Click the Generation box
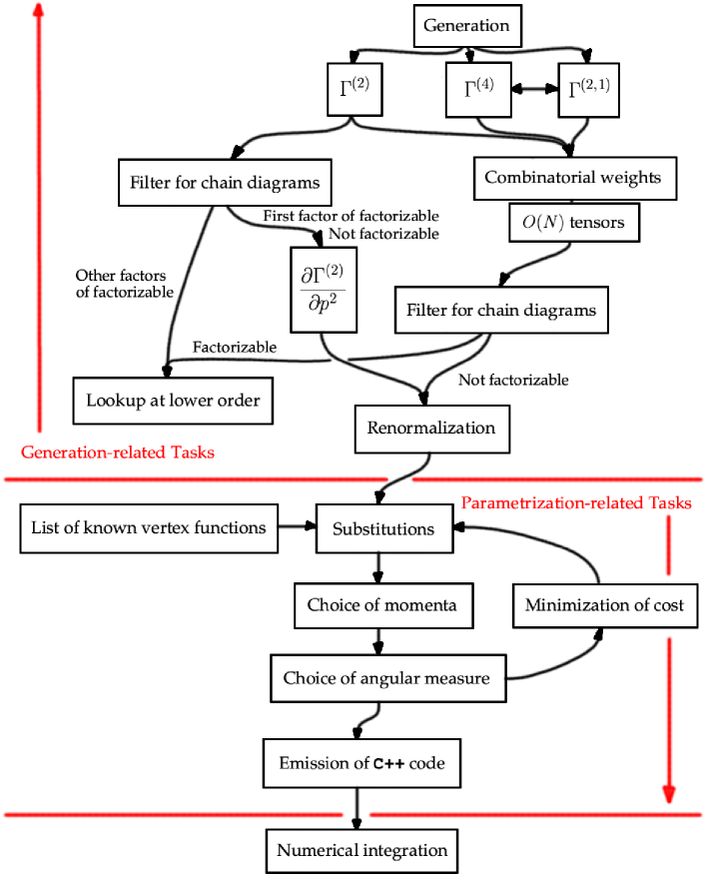(x=466, y=26)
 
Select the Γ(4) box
(x=476, y=91)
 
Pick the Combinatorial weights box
(x=572, y=178)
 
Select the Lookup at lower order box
(x=173, y=401)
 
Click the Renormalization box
(x=431, y=429)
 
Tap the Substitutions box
(x=382, y=528)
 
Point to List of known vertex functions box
(x=149, y=527)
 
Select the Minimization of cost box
(x=605, y=605)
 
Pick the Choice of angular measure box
(x=386, y=679)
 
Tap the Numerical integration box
(x=362, y=851)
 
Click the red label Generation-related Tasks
(x=118, y=452)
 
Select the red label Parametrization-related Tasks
(x=575, y=502)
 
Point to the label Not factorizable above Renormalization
(x=513, y=380)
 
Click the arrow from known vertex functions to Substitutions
(x=294, y=527)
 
